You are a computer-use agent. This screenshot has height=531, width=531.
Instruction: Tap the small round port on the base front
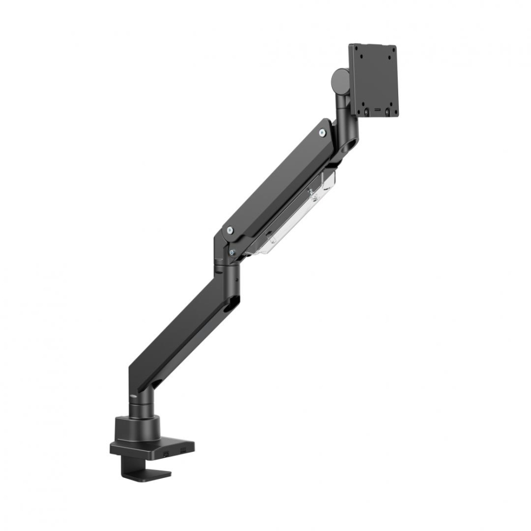[x=166, y=453]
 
